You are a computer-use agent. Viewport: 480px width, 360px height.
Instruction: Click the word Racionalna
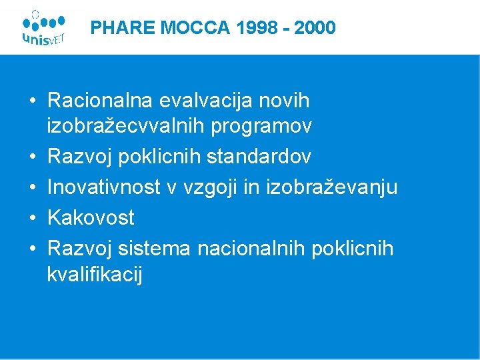coord(100,101)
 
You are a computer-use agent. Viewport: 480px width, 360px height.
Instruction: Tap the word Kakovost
coord(91,217)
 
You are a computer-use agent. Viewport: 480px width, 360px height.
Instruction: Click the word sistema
coord(155,249)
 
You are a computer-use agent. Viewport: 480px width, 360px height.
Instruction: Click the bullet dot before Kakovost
coord(32,218)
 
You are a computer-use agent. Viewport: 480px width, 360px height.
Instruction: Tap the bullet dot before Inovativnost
coord(32,188)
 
